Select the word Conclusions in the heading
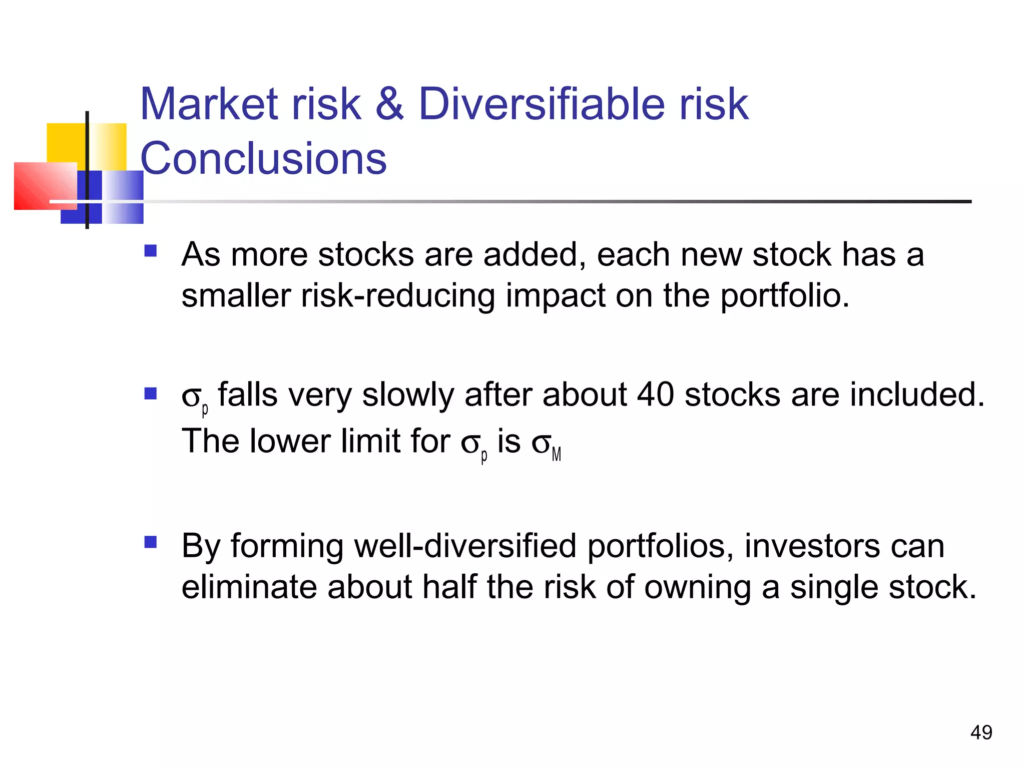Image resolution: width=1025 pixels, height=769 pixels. (x=263, y=158)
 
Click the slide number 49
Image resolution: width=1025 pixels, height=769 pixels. (x=981, y=732)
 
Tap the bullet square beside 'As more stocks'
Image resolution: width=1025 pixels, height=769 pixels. (x=150, y=250)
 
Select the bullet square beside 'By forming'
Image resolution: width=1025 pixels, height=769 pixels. (x=150, y=542)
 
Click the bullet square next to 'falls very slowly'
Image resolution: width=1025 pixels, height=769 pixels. (x=150, y=394)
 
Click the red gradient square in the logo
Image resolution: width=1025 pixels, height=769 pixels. (x=45, y=186)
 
